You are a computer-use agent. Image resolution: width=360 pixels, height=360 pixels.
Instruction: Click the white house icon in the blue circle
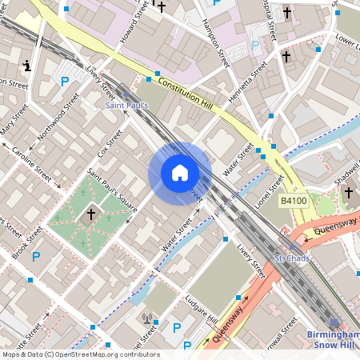[x=180, y=173]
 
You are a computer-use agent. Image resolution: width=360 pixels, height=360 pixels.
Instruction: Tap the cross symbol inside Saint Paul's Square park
[x=90, y=214]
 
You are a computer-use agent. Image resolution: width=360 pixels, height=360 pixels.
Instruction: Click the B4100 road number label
[x=294, y=201]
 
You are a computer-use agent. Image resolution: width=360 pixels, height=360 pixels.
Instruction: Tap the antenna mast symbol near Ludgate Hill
[x=147, y=318]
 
